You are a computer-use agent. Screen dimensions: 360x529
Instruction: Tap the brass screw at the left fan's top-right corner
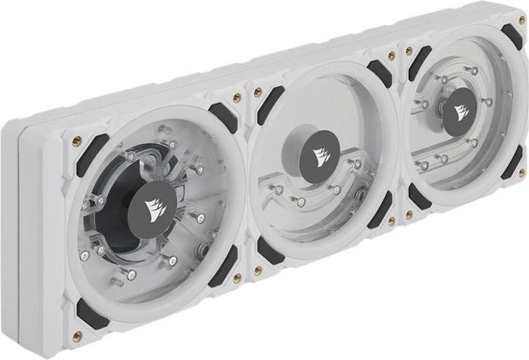click(237, 98)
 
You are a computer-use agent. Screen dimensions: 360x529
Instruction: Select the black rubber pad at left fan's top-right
click(221, 117)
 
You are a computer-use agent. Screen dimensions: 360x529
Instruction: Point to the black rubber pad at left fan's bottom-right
click(223, 266)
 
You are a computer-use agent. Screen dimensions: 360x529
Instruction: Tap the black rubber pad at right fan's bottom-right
click(511, 162)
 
